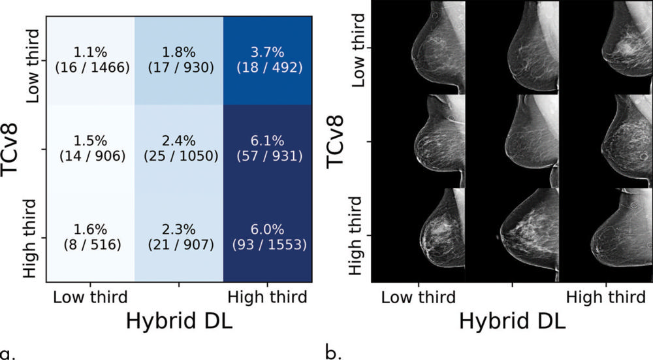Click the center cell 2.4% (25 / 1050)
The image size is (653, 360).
179,150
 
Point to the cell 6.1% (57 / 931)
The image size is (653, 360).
268,150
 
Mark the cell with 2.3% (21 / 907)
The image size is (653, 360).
179,237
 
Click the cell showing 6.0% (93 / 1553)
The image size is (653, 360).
268,237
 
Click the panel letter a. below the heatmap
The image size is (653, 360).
8,354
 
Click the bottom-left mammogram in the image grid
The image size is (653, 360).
418,235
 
